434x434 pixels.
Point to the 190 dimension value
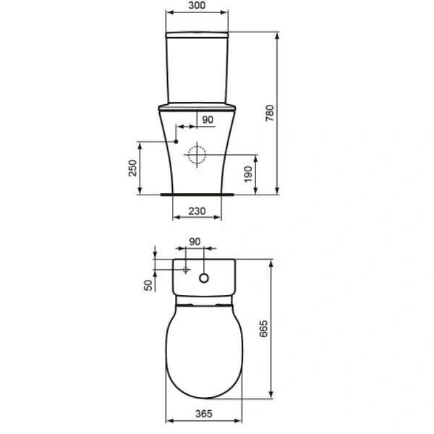[248, 174]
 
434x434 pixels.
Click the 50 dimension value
[149, 284]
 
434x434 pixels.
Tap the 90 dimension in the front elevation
[208, 120]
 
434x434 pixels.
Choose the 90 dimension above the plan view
[195, 242]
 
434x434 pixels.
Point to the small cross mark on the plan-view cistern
[185, 271]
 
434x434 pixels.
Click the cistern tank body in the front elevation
[198, 69]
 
